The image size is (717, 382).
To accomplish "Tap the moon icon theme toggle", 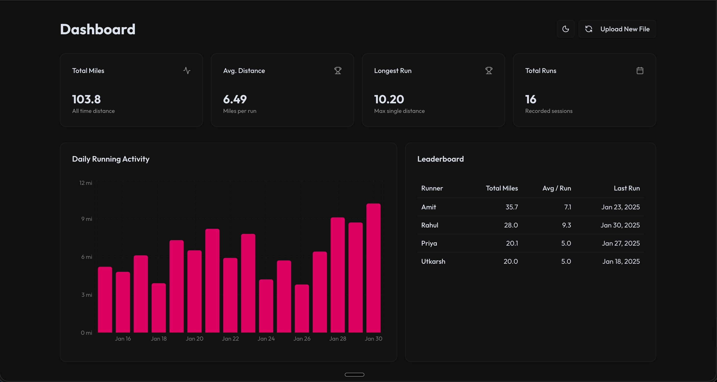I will (x=565, y=29).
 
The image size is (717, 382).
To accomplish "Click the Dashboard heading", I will (x=98, y=29).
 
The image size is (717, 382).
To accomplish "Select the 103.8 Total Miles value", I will (x=86, y=99).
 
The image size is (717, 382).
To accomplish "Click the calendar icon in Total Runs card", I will (x=640, y=71).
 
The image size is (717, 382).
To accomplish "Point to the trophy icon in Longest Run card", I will (x=489, y=71).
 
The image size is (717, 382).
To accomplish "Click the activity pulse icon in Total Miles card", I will (x=187, y=71).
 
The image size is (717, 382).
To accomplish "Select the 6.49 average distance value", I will (x=235, y=99).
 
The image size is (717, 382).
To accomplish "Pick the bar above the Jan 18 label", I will (x=159, y=308).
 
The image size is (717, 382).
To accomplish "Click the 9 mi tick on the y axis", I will (x=87, y=219).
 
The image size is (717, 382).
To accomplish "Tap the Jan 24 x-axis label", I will (x=266, y=339).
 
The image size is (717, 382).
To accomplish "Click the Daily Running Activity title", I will (x=111, y=159).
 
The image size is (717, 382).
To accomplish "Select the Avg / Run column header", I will (x=556, y=188).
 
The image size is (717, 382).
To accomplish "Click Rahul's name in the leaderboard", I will (x=429, y=225).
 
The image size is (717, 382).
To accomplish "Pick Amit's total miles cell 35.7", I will (x=511, y=207).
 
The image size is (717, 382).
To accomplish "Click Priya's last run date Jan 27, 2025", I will (x=620, y=243).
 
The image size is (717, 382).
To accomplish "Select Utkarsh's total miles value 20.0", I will (x=511, y=261).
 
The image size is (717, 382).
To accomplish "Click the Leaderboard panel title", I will (x=440, y=159).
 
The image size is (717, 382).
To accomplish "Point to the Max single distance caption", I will (x=399, y=111).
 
